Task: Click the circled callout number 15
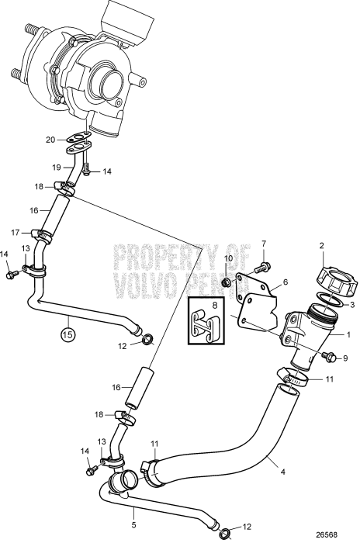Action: (67, 335)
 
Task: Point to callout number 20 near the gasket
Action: (50, 140)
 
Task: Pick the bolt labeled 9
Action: (329, 358)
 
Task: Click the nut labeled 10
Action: (227, 280)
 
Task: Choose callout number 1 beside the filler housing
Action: (348, 335)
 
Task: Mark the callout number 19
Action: (56, 167)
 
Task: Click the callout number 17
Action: (15, 231)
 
